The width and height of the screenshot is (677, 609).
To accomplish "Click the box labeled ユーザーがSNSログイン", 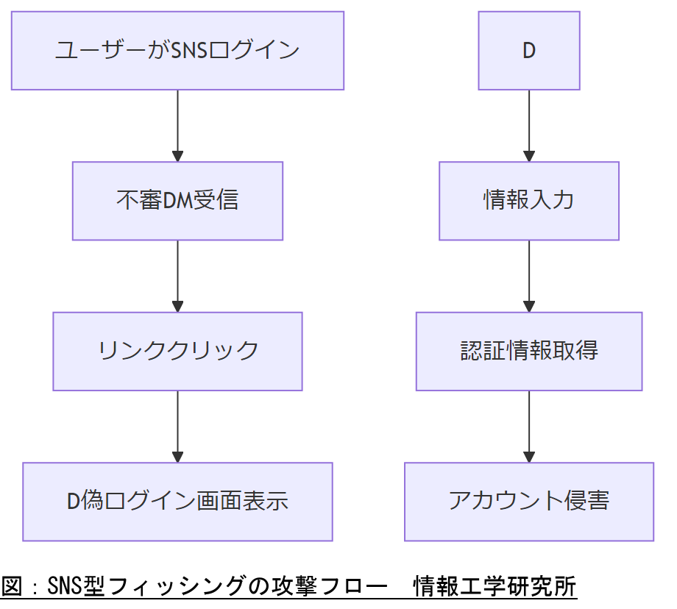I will pyautogui.click(x=177, y=51).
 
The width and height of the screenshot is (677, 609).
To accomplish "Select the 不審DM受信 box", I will pyautogui.click(x=177, y=201).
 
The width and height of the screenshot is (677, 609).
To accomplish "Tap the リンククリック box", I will pyautogui.click(x=177, y=351).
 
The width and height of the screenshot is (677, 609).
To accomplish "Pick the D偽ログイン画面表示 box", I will pyautogui.click(x=177, y=502).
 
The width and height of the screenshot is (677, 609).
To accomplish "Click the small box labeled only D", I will pyautogui.click(x=528, y=51).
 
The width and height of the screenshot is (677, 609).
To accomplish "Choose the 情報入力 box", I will pyautogui.click(x=528, y=201).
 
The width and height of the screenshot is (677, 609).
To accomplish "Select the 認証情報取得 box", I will pyautogui.click(x=528, y=351).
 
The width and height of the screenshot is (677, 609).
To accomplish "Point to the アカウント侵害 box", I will pyautogui.click(x=528, y=502).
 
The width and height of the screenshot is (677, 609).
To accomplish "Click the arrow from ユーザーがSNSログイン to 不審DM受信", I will pyautogui.click(x=177, y=126).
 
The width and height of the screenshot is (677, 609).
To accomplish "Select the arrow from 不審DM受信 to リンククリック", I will pyautogui.click(x=177, y=276).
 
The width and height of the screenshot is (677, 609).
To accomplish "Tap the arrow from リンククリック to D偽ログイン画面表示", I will pyautogui.click(x=177, y=427).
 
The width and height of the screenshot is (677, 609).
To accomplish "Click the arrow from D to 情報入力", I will pyautogui.click(x=528, y=126).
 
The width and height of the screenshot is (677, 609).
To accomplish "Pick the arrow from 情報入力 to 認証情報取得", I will pyautogui.click(x=528, y=276).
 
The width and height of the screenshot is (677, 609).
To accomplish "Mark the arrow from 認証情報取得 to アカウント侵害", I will pyautogui.click(x=528, y=427).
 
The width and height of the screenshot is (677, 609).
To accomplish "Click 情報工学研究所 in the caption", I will pyautogui.click(x=495, y=587).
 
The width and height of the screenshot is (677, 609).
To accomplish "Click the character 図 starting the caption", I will pyautogui.click(x=11, y=587).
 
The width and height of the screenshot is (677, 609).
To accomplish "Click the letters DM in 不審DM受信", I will pyautogui.click(x=177, y=201).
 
